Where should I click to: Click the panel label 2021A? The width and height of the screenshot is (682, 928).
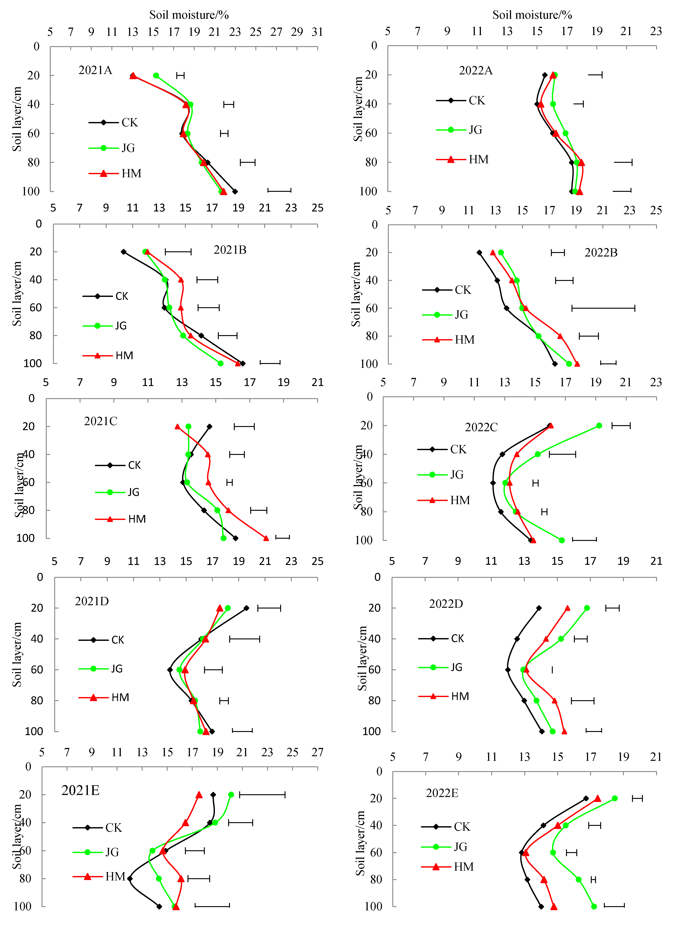click(x=95, y=70)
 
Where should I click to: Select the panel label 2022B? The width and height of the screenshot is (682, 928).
click(x=601, y=252)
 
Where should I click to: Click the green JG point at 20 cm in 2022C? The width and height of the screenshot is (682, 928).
click(x=599, y=426)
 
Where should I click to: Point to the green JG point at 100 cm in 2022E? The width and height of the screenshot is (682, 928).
click(x=594, y=907)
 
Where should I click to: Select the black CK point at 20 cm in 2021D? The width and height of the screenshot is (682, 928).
click(x=247, y=608)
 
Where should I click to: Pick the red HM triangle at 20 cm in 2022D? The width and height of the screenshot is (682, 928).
click(x=568, y=608)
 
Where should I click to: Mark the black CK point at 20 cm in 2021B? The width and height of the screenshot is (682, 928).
click(x=123, y=252)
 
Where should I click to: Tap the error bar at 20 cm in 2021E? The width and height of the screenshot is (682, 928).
click(x=262, y=795)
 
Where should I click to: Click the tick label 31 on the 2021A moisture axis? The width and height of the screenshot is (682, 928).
click(x=317, y=32)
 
